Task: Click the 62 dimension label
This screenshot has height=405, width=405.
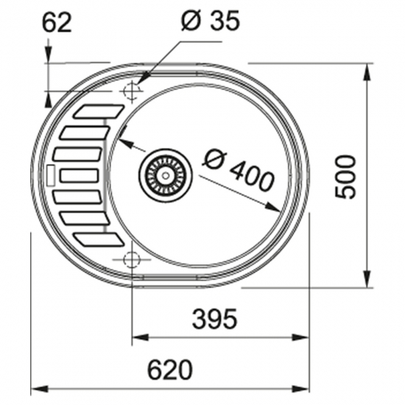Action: pyautogui.click(x=57, y=23)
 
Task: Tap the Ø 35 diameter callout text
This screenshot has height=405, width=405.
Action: pyautogui.click(x=211, y=21)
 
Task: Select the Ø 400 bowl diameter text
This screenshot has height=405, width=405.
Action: pyautogui.click(x=239, y=172)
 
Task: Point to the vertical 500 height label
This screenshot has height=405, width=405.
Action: pyautogui.click(x=345, y=177)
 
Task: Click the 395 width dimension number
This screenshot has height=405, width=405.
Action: pyautogui.click(x=214, y=319)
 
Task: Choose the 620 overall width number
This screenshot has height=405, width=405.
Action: pyautogui.click(x=170, y=370)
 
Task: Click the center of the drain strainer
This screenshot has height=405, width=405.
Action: pyautogui.click(x=166, y=175)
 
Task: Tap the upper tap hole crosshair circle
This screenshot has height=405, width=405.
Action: pyautogui.click(x=132, y=91)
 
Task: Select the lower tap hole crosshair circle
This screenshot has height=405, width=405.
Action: pyautogui.click(x=132, y=259)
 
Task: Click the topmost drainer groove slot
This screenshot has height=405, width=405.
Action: pyautogui.click(x=99, y=111)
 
